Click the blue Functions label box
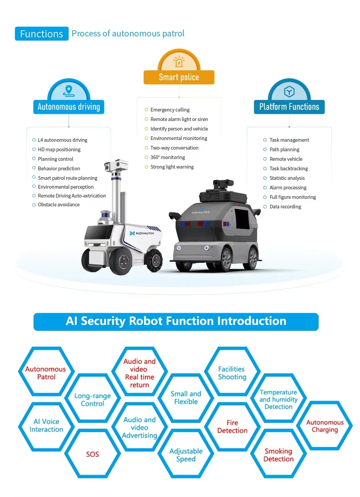point(42,34)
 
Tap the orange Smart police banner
point(179,77)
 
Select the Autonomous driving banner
point(69,107)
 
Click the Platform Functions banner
point(289,107)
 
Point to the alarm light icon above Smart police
point(179,62)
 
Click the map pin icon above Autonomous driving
point(69,91)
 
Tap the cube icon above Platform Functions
point(289,91)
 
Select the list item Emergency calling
point(170,110)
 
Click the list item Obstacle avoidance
point(58,205)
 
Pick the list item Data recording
point(285,207)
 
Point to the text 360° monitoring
point(167,157)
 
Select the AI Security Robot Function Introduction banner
point(176,321)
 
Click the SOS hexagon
point(92,454)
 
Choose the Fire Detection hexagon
point(232,427)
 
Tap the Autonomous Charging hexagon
point(325,426)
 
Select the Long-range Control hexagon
point(92,399)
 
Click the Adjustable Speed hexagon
point(186,455)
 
